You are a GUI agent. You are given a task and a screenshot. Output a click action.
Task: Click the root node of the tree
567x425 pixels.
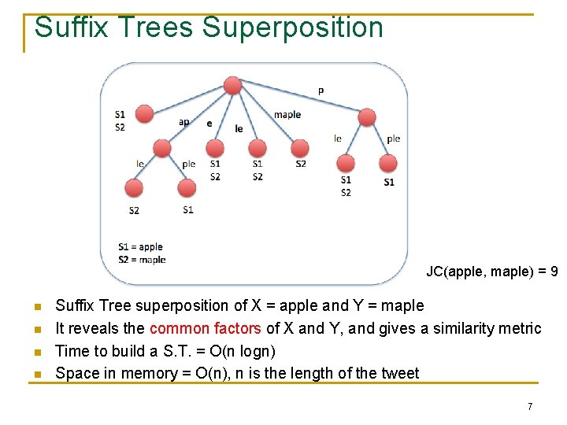232,86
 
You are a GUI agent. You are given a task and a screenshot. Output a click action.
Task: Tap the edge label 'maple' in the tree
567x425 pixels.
287,115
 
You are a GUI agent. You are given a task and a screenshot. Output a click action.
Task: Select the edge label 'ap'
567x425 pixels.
183,122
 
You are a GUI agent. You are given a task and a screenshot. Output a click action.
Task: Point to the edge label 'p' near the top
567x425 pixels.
320,91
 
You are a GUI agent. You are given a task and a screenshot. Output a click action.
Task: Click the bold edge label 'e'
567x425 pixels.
209,124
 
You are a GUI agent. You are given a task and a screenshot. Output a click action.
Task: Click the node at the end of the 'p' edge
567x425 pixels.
367,117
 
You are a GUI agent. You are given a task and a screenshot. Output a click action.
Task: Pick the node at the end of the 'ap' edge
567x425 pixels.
162,149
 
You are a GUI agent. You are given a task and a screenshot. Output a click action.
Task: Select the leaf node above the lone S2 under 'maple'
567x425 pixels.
300,148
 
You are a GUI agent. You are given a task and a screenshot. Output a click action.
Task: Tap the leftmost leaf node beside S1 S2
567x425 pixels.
144,114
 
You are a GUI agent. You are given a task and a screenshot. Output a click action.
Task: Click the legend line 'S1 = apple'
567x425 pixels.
140,247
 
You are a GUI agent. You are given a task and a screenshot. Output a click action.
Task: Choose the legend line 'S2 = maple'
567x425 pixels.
142,260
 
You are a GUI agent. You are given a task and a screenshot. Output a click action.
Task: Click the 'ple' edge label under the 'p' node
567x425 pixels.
393,139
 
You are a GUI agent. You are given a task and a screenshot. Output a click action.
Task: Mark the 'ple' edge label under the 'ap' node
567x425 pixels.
189,164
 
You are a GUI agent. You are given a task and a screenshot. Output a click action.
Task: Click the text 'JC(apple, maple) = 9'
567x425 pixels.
492,272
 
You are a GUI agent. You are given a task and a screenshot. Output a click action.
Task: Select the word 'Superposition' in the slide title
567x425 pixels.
292,28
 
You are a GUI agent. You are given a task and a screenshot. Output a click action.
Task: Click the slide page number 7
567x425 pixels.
530,407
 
